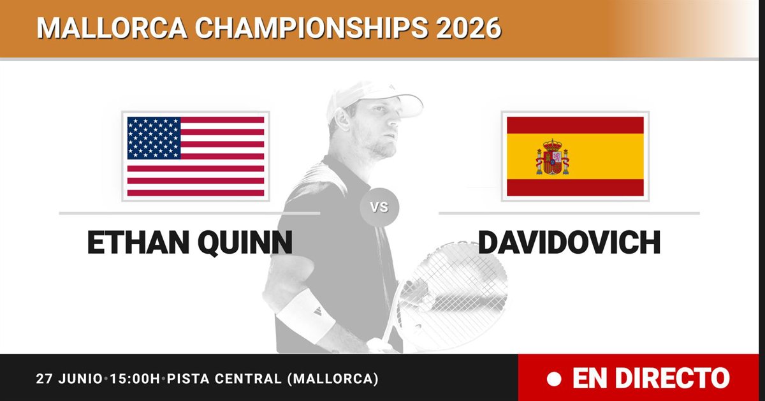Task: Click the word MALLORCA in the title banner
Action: click(112, 28)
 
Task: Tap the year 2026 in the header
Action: click(468, 28)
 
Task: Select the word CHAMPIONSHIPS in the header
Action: click(311, 28)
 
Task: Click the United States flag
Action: click(196, 156)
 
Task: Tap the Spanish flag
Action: click(575, 156)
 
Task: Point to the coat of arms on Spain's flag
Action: click(552, 157)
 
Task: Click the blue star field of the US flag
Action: click(154, 138)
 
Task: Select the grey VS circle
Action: click(379, 207)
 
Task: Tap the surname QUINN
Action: click(245, 243)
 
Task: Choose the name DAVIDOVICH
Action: click(569, 242)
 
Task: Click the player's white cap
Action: click(374, 99)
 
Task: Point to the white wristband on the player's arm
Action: click(305, 316)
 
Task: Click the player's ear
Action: click(342, 119)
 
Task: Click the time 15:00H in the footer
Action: click(135, 379)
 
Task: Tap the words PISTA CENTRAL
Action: click(224, 379)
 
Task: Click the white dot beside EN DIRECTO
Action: click(554, 379)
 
